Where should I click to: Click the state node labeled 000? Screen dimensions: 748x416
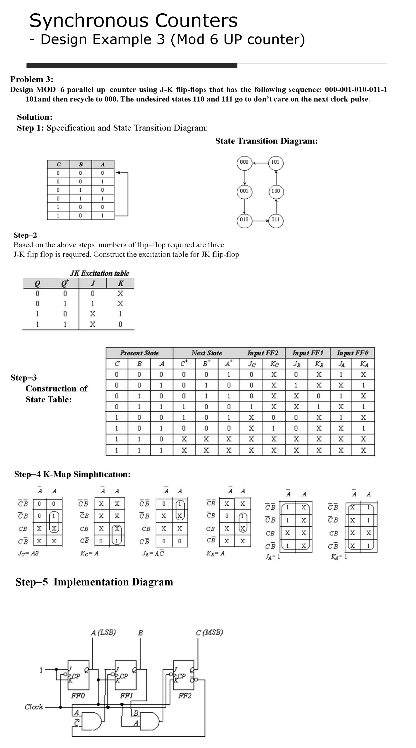pyautogui.click(x=244, y=162)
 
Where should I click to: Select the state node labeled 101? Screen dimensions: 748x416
pyautogui.click(x=276, y=162)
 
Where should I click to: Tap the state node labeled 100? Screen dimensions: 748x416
pyautogui.click(x=276, y=191)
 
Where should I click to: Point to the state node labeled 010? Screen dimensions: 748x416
pyautogui.click(x=244, y=220)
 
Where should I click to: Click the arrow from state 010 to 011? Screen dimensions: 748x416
pyautogui.click(x=260, y=221)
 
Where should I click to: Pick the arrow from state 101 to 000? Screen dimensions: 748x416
pyautogui.click(x=260, y=163)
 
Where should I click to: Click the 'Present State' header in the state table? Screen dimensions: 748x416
pyautogui.click(x=139, y=353)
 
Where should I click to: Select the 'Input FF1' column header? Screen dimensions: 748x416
pyautogui.click(x=307, y=353)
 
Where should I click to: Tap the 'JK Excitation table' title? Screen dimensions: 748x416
pyautogui.click(x=99, y=273)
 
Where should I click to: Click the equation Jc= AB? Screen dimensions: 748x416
pyautogui.click(x=28, y=553)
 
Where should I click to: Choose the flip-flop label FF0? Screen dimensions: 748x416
pyautogui.click(x=78, y=695)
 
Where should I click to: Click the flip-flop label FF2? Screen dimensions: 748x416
pyautogui.click(x=185, y=695)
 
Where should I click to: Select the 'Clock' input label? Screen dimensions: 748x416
pyautogui.click(x=34, y=707)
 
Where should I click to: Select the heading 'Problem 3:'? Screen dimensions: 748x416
pyautogui.click(x=32, y=79)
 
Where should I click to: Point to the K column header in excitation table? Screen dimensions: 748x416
pyautogui.click(x=120, y=283)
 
